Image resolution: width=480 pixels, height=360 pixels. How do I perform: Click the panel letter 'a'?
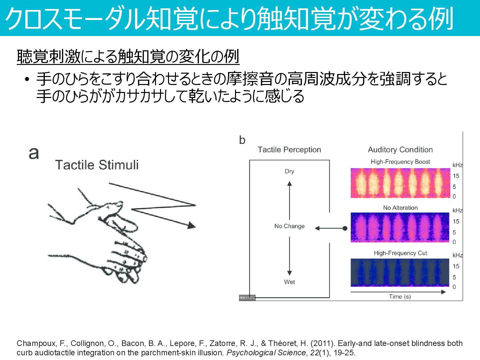click(x=34, y=153)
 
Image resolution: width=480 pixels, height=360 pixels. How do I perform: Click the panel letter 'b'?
click(x=242, y=140)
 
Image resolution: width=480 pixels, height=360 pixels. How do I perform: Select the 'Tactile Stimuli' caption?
click(x=97, y=165)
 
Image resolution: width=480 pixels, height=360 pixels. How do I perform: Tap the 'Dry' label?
click(x=289, y=171)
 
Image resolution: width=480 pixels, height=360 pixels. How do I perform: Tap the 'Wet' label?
click(x=289, y=282)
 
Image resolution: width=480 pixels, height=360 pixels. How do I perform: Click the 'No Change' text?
click(x=289, y=226)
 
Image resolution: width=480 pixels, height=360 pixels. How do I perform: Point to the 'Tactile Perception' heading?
click(x=289, y=150)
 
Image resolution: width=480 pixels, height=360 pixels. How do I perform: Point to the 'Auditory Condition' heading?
click(x=400, y=150)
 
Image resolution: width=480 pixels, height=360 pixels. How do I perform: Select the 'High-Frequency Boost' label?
click(x=400, y=162)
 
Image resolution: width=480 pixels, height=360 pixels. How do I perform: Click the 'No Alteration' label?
click(x=400, y=208)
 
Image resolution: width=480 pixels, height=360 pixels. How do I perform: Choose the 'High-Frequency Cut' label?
click(x=400, y=253)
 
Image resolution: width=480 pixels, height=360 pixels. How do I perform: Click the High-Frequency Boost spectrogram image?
click(x=400, y=183)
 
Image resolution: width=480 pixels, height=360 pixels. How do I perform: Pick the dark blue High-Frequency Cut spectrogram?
click(x=400, y=273)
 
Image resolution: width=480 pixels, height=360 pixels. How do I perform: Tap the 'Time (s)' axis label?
click(x=400, y=296)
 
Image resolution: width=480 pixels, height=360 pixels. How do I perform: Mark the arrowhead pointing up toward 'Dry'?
click(x=289, y=184)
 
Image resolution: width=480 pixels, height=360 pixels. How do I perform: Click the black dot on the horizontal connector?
click(x=345, y=228)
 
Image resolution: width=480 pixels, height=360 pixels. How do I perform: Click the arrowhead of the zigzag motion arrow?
click(x=191, y=226)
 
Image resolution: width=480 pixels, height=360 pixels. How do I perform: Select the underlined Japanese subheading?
click(x=128, y=57)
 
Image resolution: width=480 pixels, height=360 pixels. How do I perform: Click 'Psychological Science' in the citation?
click(x=266, y=353)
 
